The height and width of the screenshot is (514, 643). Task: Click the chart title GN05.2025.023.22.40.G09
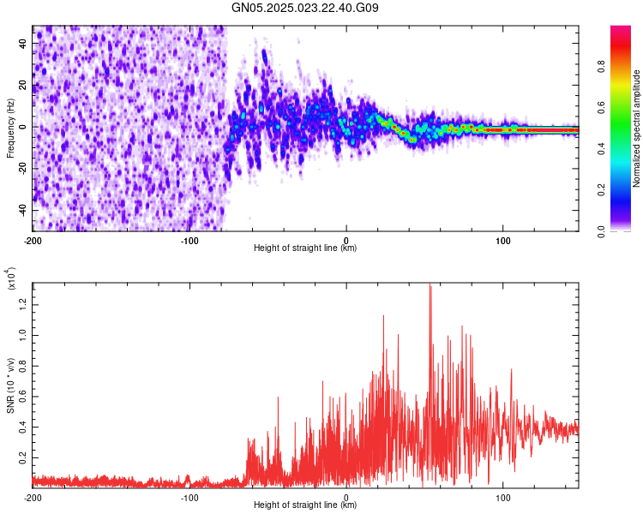307,9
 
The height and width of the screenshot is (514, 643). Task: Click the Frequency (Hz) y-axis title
10,128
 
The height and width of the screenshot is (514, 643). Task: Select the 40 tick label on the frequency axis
23,43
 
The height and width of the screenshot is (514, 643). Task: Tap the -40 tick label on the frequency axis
21,210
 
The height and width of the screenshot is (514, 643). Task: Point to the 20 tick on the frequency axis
23,85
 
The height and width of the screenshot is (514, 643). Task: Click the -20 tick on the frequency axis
21,168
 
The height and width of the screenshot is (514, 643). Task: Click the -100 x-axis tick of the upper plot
189,240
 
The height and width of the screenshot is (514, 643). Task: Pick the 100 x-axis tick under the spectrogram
503,240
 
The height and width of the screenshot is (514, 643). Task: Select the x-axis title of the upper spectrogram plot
305,248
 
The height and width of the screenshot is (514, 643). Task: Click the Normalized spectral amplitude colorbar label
637,128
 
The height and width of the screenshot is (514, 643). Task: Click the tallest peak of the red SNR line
430,286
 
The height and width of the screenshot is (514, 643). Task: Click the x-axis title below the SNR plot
305,505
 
